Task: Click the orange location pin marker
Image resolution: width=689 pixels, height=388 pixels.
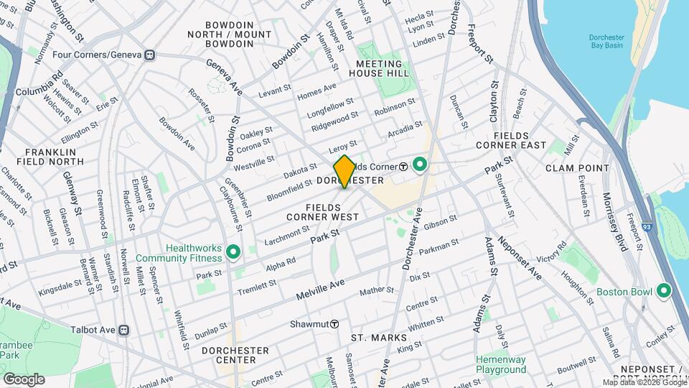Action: click(344, 172)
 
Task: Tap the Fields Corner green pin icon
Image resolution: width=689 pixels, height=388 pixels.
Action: click(418, 166)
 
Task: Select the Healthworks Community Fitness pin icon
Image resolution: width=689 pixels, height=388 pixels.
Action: click(233, 251)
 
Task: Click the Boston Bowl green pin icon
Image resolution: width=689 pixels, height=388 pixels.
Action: click(664, 292)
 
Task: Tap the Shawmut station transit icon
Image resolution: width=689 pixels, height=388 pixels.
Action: click(334, 324)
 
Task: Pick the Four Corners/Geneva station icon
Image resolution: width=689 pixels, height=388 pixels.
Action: click(149, 55)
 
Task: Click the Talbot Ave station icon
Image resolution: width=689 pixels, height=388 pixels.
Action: click(123, 330)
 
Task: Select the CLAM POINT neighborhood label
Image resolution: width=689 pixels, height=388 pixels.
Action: click(577, 168)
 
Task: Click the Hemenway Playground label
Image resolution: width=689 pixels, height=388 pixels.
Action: click(501, 364)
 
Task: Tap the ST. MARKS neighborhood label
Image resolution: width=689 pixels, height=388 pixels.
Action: click(378, 338)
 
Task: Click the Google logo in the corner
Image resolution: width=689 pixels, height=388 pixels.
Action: click(24, 379)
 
